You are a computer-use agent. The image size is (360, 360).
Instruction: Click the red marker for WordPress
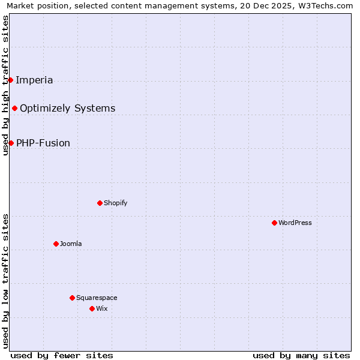click(x=274, y=223)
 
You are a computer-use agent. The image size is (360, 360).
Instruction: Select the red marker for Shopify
click(x=100, y=203)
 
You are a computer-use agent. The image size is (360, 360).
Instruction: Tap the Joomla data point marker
click(x=56, y=244)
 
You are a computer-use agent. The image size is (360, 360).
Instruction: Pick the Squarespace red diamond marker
click(x=72, y=298)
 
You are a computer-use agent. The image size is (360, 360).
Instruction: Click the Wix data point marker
click(x=92, y=308)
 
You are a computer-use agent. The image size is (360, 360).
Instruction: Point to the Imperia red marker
click(x=10, y=80)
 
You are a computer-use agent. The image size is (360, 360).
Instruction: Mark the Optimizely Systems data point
click(x=14, y=108)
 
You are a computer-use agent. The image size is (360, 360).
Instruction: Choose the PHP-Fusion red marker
click(x=11, y=143)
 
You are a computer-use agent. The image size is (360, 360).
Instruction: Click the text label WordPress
click(x=295, y=223)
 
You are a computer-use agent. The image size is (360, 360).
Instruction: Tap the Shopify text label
click(x=115, y=203)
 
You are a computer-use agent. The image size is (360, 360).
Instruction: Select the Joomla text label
click(x=71, y=244)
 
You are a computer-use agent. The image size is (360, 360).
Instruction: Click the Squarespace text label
click(x=97, y=298)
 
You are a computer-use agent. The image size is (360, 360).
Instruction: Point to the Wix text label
click(x=102, y=308)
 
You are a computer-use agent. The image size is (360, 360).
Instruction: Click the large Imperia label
click(x=34, y=80)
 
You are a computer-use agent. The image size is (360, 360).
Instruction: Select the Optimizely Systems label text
click(x=67, y=108)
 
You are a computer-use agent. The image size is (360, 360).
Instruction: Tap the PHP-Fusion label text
click(x=43, y=143)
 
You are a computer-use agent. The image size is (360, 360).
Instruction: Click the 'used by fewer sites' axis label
click(x=62, y=355)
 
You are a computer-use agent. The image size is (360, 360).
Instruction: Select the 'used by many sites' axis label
click(x=301, y=355)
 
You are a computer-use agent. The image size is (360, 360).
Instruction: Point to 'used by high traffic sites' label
click(x=5, y=85)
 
